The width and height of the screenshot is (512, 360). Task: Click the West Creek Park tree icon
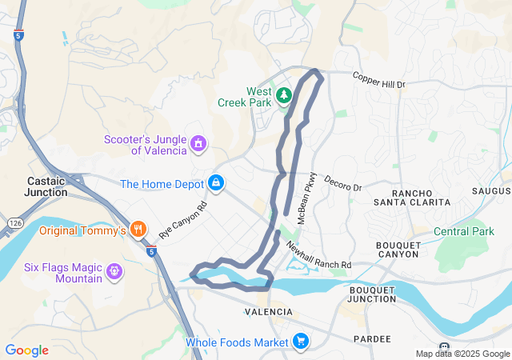tap(283, 96)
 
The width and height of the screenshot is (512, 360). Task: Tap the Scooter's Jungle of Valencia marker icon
tap(198, 144)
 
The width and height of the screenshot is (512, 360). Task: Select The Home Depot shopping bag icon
tap(216, 183)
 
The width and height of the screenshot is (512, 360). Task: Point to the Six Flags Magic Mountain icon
tap(114, 272)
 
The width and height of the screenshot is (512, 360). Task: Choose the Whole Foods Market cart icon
tap(301, 342)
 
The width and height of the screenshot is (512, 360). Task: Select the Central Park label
tap(464, 232)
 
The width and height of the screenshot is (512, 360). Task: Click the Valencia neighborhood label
tap(268, 311)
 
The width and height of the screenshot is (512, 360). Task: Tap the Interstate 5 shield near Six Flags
tap(151, 251)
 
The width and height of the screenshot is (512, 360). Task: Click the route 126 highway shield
tap(16, 220)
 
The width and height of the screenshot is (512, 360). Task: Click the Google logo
tap(26, 350)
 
